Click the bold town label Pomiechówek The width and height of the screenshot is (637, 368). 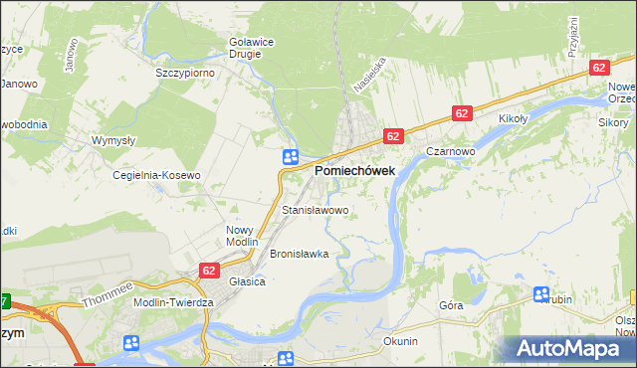click(x=355, y=171)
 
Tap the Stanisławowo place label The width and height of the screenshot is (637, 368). click(x=316, y=211)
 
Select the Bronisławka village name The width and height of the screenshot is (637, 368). click(x=299, y=254)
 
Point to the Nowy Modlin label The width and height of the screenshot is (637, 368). click(x=242, y=236)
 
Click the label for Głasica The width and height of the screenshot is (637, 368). click(x=247, y=281)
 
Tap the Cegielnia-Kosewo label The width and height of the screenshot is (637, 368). click(x=157, y=175)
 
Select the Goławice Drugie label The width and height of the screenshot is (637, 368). click(x=244, y=48)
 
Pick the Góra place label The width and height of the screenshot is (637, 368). click(x=451, y=305)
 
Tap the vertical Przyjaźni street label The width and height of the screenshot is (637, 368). click(x=574, y=37)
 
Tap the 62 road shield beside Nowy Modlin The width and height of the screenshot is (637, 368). click(x=209, y=270)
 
